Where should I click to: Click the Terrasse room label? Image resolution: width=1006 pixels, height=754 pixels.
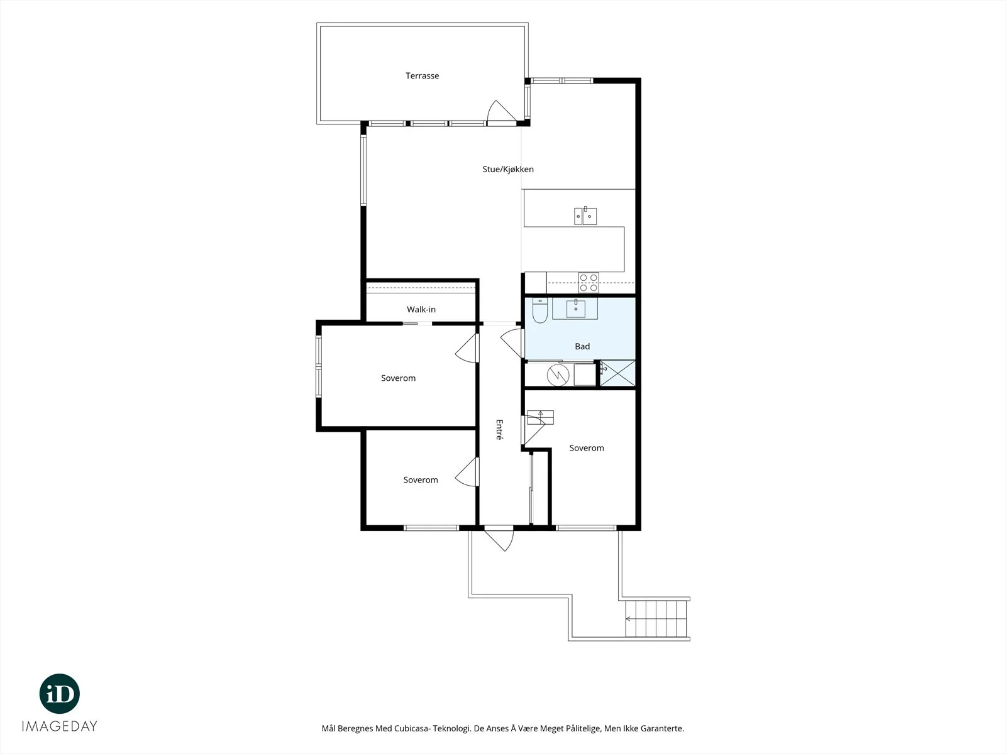pos(422,75)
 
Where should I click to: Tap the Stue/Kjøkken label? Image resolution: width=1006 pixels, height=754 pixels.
pos(508,169)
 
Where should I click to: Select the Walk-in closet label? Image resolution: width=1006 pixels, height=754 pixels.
pos(421,310)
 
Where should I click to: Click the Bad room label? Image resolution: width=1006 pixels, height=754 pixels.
pos(582,347)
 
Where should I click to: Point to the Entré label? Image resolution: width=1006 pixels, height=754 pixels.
pos(500,429)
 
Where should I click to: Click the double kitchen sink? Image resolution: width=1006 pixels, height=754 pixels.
pos(585,216)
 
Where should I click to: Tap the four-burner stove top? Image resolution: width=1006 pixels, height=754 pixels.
pos(589,283)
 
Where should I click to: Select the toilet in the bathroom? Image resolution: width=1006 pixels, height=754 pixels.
pos(540,310)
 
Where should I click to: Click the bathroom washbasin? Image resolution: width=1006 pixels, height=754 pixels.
pos(576,309)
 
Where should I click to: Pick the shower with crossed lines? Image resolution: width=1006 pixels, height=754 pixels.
pos(618,373)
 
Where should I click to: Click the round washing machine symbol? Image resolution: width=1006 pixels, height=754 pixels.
pos(558,375)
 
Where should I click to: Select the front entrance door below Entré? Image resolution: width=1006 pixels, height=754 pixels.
pos(500,538)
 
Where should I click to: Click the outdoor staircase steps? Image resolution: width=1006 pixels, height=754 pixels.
pos(656,618)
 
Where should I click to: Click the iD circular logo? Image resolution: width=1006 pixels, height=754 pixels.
pos(60,694)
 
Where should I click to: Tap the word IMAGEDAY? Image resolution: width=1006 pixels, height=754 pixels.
pos(60,726)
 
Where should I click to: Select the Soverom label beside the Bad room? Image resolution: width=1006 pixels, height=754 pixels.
pos(587,448)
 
